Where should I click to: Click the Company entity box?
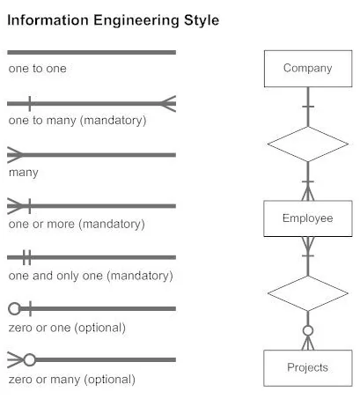tap(308, 69)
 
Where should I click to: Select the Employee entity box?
tap(308, 218)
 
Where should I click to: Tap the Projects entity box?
tap(308, 368)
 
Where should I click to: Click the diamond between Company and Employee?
tap(308, 144)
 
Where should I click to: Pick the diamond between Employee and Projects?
tap(308, 293)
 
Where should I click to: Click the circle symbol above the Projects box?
tap(308, 330)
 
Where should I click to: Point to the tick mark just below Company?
tap(308, 107)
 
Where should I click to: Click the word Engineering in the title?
tap(136, 21)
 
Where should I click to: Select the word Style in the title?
tap(202, 20)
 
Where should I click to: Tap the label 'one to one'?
tap(38, 69)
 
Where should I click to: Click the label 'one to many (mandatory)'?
tap(77, 121)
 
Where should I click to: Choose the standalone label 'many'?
tap(24, 173)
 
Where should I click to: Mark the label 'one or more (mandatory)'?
tap(77, 224)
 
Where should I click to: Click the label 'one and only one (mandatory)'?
tap(91, 276)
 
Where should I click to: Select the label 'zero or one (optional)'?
tap(67, 328)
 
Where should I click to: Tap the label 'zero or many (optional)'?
tap(72, 380)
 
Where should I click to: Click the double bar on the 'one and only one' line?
tap(26, 257)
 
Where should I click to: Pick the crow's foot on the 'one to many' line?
tap(168, 104)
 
